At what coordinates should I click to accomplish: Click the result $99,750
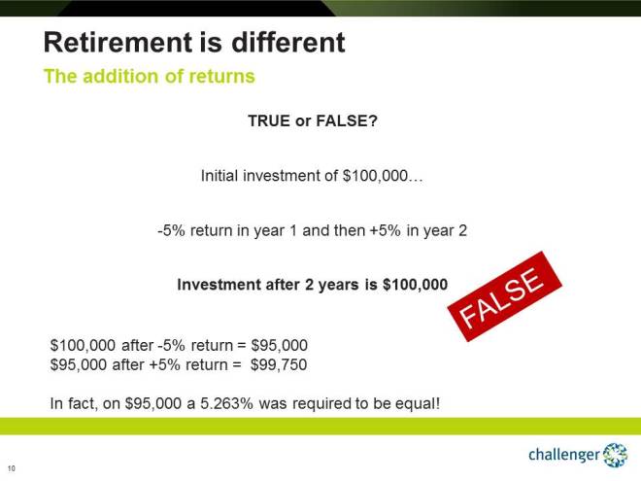(280, 364)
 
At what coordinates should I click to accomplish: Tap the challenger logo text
(564, 455)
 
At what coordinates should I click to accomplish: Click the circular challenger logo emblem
(616, 454)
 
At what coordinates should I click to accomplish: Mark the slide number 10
(12, 467)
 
